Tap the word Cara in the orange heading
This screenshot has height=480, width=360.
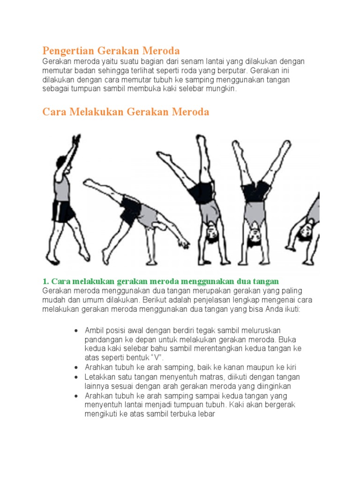click(x=53, y=112)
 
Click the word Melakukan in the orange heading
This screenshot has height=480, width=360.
click(x=94, y=112)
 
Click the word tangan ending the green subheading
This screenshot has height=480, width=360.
click(x=266, y=281)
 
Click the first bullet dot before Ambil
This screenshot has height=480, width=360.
click(x=76, y=331)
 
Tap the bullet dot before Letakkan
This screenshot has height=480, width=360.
click(x=76, y=377)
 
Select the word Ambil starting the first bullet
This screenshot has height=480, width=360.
click(x=94, y=331)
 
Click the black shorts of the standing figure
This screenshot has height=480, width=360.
click(x=64, y=211)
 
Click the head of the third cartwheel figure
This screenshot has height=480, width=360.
click(x=210, y=231)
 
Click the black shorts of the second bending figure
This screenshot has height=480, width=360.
click(x=131, y=210)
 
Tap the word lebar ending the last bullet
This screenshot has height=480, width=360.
click(x=205, y=414)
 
